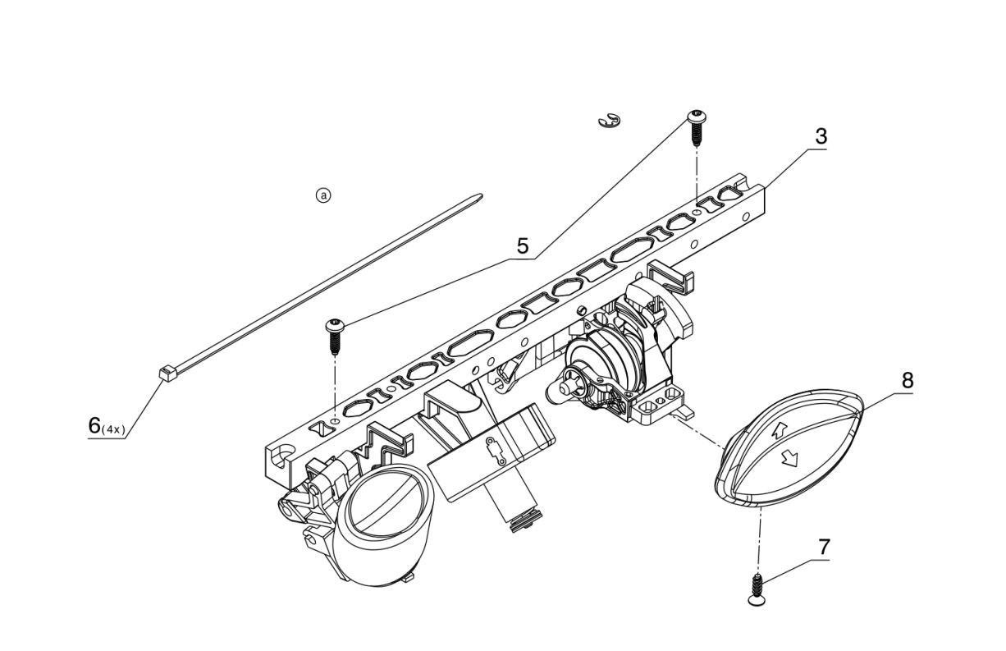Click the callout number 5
click(522, 245)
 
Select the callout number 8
click(906, 381)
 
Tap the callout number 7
click(824, 547)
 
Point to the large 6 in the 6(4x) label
click(94, 425)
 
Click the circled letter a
click(324, 195)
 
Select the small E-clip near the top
click(609, 121)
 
